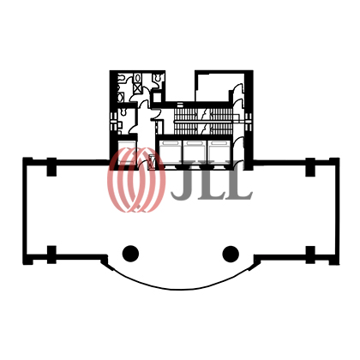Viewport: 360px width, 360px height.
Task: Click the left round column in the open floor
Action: point(130,254)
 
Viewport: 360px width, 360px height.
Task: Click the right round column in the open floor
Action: point(231,254)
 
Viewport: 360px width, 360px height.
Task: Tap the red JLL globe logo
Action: point(136,180)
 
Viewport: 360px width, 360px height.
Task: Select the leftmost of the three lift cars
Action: point(170,153)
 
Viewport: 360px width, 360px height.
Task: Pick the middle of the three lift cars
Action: point(195,153)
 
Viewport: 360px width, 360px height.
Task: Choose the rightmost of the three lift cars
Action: point(219,153)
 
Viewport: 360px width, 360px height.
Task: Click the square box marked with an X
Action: point(137,88)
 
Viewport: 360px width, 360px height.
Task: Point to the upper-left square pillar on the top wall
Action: point(51,167)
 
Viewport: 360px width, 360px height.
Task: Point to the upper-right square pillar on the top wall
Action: point(310,167)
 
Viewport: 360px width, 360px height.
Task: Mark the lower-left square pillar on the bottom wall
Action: point(51,255)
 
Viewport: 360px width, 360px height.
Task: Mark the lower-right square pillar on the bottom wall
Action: point(310,255)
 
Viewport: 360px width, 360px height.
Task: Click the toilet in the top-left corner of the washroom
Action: point(122,78)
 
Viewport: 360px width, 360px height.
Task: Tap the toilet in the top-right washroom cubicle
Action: point(158,77)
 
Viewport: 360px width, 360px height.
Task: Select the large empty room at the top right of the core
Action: point(213,87)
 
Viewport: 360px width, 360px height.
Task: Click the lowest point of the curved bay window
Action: point(181,289)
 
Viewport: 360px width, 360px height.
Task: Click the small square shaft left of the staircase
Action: point(157,97)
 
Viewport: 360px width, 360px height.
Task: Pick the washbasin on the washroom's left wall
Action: point(121,97)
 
